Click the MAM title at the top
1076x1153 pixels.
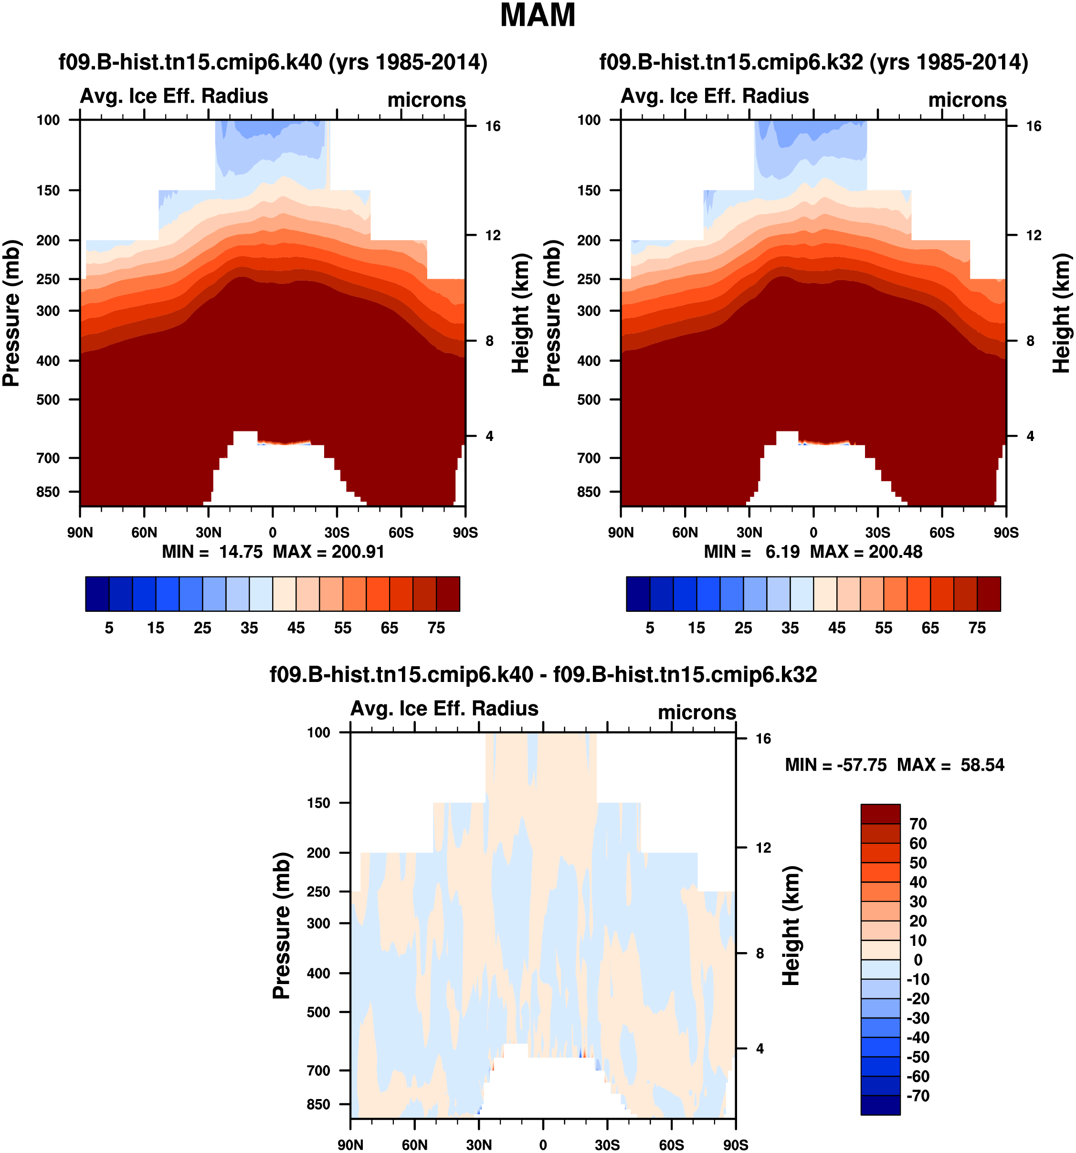537,16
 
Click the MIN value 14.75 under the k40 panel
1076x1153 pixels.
241,552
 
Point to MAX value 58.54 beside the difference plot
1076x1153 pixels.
982,765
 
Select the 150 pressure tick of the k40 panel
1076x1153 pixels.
48,191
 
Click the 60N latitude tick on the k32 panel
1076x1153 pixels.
685,533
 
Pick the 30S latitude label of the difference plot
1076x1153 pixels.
607,1145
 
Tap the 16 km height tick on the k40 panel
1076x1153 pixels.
493,126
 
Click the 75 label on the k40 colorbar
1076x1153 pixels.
436,628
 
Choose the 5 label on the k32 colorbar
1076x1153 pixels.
650,628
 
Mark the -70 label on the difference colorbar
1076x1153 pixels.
918,1096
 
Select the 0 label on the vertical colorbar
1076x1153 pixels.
918,960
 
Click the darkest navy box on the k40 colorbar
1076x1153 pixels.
97,594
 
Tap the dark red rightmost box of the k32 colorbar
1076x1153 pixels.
989,594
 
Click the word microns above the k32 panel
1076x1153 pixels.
967,100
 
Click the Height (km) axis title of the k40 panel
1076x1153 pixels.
521,313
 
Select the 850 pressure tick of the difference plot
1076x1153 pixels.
318,1104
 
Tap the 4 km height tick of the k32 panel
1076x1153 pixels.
1030,436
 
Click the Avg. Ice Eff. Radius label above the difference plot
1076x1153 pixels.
444,709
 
